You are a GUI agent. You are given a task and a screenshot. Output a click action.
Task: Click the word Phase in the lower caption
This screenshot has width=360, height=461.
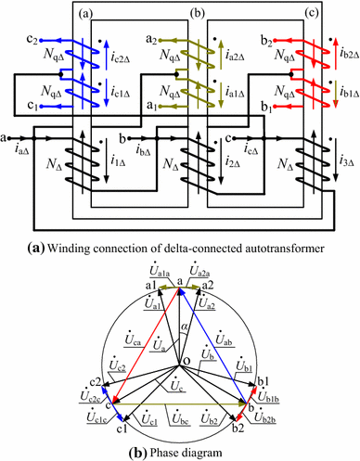click(x=151, y=451)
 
